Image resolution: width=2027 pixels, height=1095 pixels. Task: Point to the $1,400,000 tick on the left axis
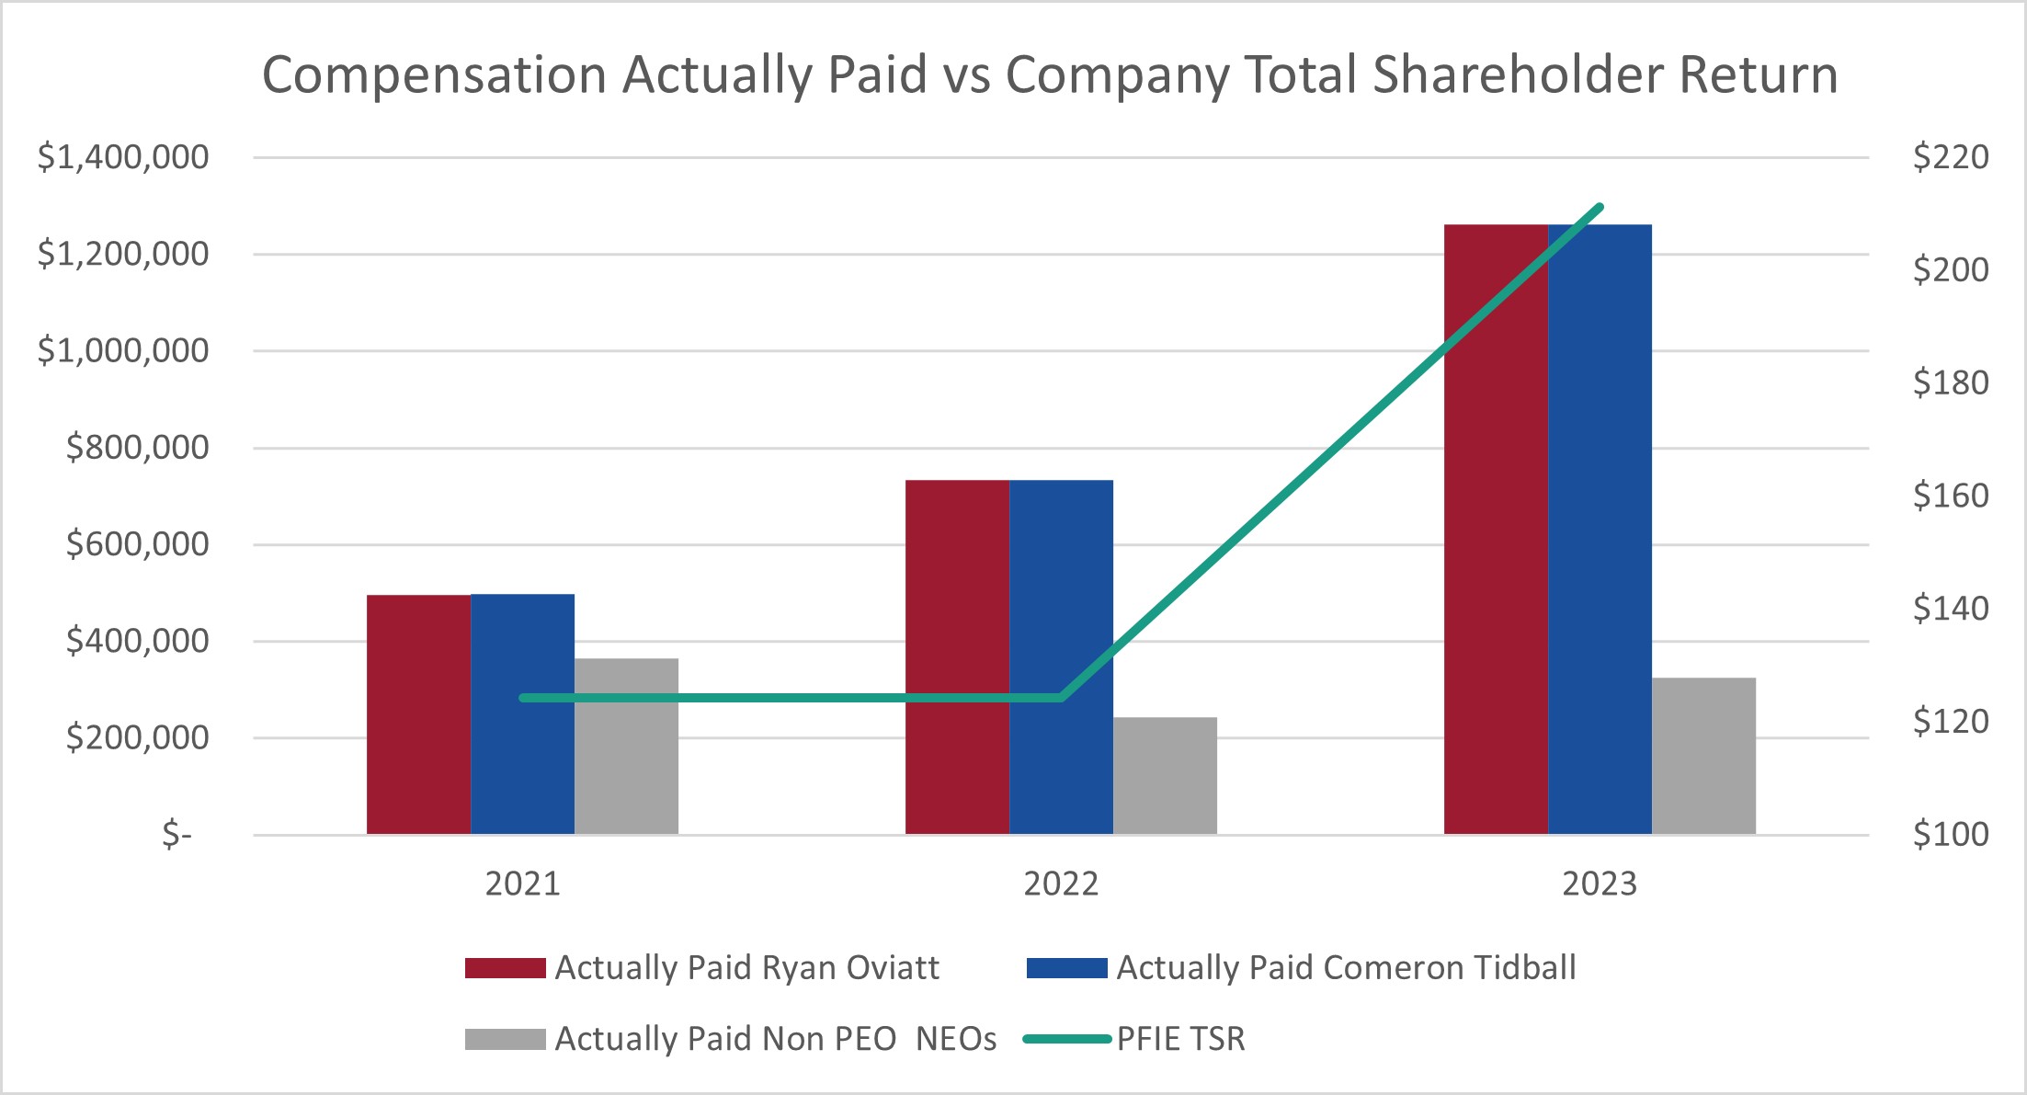[123, 157]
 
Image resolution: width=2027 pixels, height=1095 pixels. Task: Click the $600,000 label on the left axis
[138, 544]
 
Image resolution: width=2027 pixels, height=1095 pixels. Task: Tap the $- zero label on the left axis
[177, 835]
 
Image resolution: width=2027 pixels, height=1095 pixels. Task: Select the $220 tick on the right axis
[1951, 157]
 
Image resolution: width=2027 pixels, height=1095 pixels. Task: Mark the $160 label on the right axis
[1951, 496]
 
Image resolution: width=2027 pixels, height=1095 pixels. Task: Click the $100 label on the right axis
[1951, 834]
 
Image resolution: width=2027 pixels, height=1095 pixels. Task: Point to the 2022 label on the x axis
[1061, 884]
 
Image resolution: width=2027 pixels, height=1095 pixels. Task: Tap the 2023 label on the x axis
[1600, 884]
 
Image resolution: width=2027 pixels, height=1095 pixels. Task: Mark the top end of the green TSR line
[1600, 207]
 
